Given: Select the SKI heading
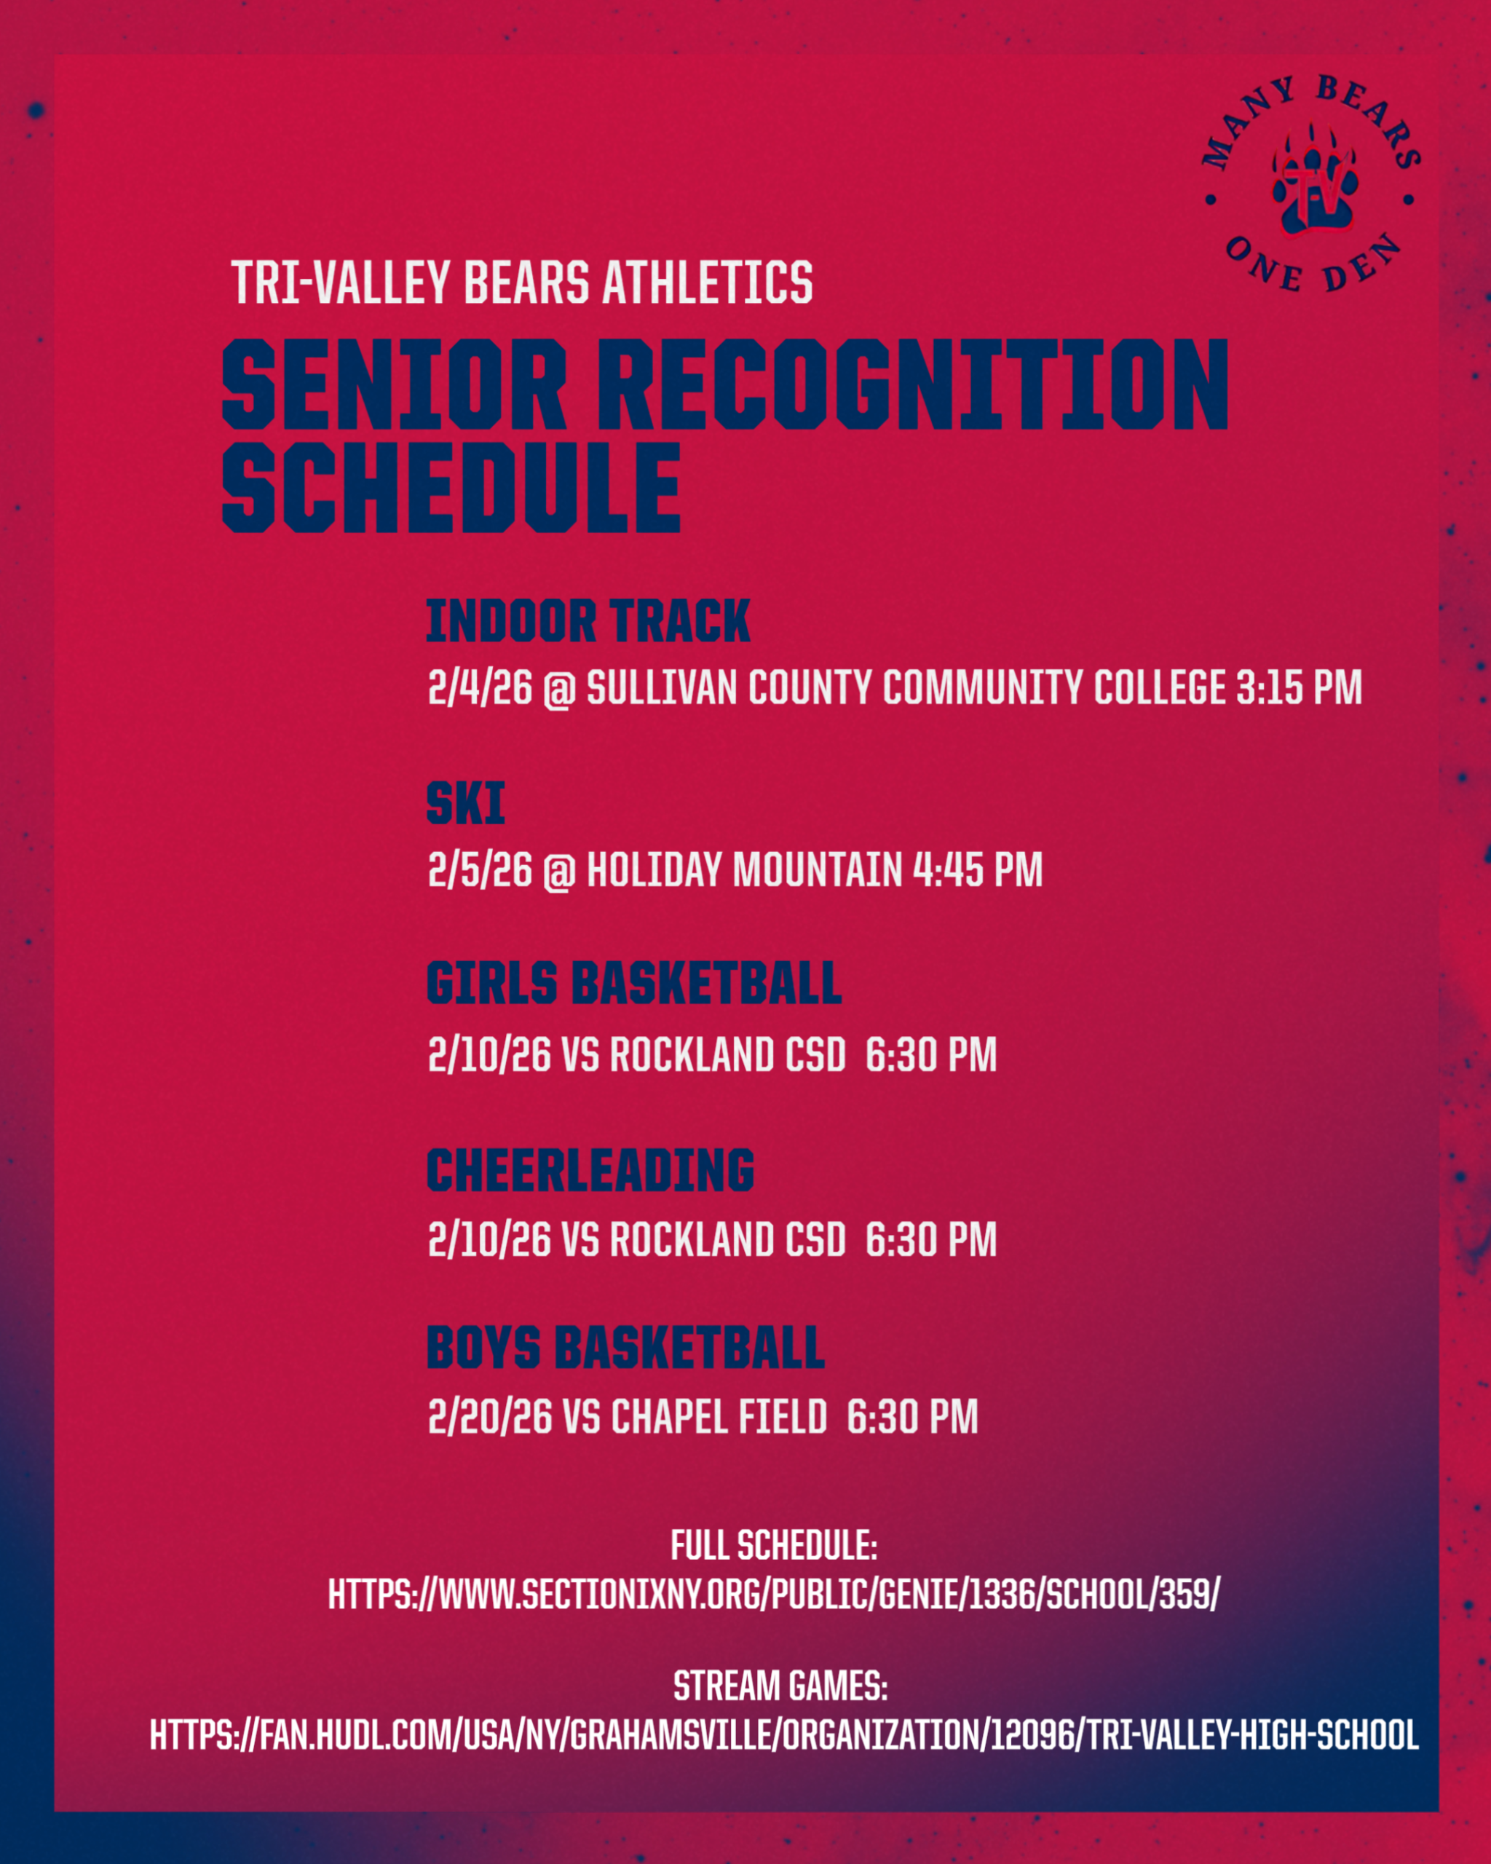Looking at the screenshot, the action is click(466, 803).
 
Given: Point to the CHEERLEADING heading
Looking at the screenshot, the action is click(590, 1171).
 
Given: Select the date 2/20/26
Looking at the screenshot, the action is click(490, 1416).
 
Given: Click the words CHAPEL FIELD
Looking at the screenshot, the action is click(719, 1416).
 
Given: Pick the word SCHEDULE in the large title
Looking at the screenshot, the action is click(452, 486).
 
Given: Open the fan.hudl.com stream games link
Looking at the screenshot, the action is click(784, 1735).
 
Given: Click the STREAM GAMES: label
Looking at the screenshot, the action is click(780, 1686).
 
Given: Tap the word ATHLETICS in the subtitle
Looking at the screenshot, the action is click(707, 282).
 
